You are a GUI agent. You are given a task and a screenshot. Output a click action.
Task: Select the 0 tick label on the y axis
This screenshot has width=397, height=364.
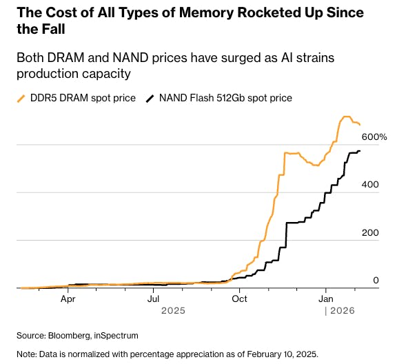pyautogui.click(x=376, y=280)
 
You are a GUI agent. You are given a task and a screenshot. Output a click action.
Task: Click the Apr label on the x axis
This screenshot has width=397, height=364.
pyautogui.click(x=68, y=299)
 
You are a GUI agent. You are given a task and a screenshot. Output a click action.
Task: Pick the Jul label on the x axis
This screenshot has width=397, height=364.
pyautogui.click(x=154, y=299)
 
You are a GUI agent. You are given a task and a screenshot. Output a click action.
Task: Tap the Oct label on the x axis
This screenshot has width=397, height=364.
pyautogui.click(x=240, y=299)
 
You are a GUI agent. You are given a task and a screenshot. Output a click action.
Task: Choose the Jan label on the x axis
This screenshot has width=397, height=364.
pyautogui.click(x=326, y=299)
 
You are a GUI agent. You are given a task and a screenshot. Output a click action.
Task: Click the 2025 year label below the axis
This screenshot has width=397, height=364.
pyautogui.click(x=174, y=311)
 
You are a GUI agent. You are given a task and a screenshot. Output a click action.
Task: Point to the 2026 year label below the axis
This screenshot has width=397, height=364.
pyautogui.click(x=341, y=311)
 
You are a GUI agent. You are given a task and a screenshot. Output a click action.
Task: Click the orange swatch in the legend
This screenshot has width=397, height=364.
pyautogui.click(x=21, y=99)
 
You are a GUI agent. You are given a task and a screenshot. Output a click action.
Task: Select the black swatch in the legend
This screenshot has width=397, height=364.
pyautogui.click(x=150, y=99)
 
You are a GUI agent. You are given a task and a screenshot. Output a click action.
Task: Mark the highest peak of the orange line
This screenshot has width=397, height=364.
pyautogui.click(x=347, y=117)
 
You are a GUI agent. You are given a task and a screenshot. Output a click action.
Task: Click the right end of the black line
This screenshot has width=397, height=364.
pyautogui.click(x=359, y=151)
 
